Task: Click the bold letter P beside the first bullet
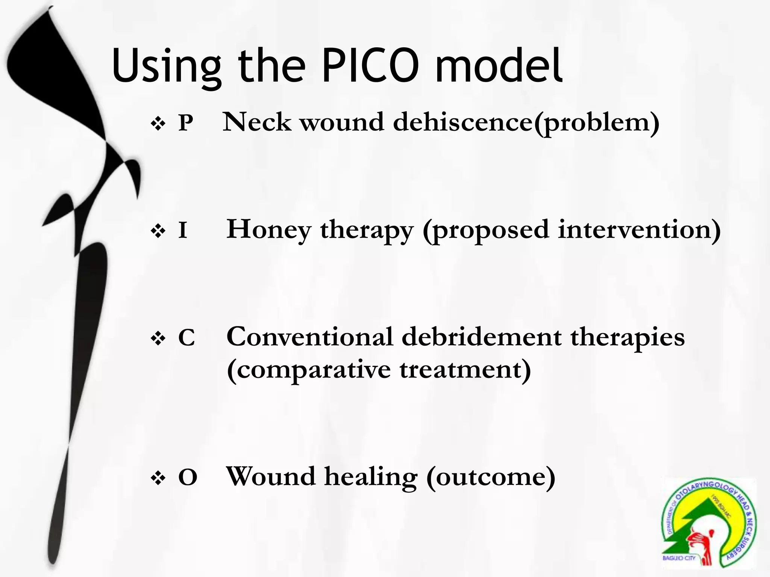(x=186, y=123)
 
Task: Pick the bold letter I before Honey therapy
(x=183, y=230)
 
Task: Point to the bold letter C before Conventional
(x=186, y=338)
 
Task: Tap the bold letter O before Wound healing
(x=188, y=478)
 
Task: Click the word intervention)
(x=639, y=230)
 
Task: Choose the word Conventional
(x=310, y=337)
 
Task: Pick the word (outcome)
(x=491, y=477)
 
